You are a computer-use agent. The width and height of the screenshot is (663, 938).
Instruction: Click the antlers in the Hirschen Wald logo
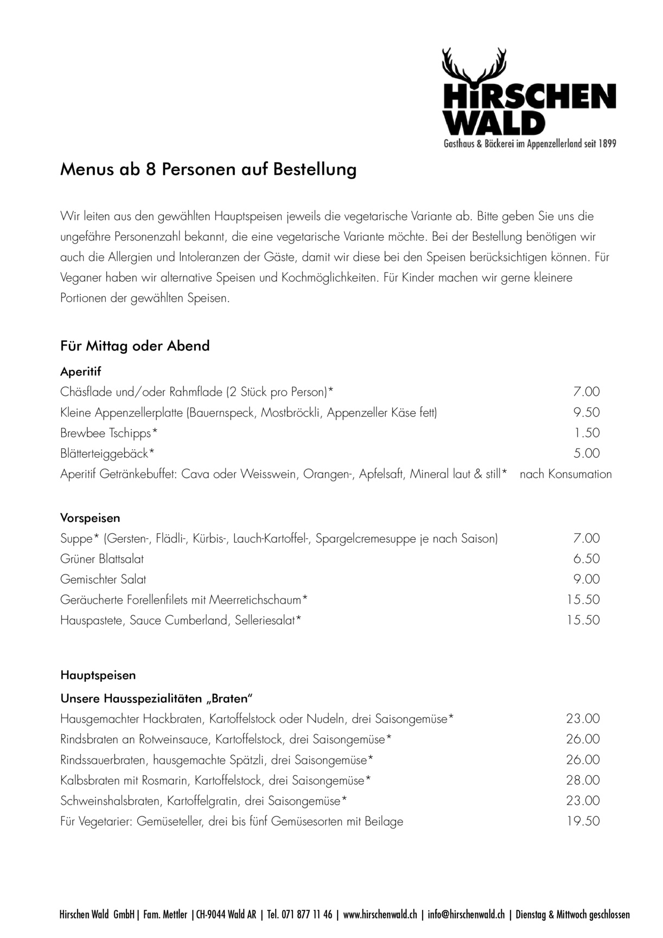point(474,65)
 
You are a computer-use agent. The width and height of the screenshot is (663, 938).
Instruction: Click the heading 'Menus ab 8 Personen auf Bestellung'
point(208,169)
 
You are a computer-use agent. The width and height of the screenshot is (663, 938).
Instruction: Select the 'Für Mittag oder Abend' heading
point(135,346)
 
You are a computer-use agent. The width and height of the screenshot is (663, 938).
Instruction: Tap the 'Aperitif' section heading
point(80,372)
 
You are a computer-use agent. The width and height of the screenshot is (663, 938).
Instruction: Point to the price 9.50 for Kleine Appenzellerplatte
point(586,412)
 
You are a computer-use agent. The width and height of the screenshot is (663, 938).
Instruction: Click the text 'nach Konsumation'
point(565,474)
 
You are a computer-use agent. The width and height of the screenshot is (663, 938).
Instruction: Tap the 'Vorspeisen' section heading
point(90,518)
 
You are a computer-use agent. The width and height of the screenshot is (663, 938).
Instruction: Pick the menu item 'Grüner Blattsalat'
point(102,559)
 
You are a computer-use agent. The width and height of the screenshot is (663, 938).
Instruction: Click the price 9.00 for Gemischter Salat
point(586,579)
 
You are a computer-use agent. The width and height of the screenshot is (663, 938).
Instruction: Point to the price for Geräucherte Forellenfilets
point(583,600)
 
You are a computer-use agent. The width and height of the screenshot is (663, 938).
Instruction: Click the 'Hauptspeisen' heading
point(98,675)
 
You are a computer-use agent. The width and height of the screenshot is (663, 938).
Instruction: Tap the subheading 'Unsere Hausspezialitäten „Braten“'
point(157,698)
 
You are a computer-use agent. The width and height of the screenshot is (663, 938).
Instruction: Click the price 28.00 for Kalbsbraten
point(583,781)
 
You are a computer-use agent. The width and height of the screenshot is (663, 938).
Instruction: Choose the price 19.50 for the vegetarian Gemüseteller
point(583,821)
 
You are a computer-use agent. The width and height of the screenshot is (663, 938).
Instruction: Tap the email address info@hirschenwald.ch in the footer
point(466,915)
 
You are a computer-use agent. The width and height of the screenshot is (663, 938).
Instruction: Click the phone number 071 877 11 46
point(307,915)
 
